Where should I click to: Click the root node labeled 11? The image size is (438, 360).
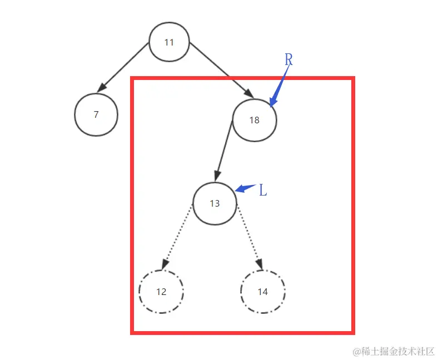[x=170, y=43]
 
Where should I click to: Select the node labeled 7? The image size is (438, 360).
[x=96, y=114]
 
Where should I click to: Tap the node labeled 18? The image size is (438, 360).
[x=254, y=119]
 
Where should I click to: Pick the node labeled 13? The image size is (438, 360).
[x=215, y=203]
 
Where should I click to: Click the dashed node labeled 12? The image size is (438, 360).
[x=161, y=292]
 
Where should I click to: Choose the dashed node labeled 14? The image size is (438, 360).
[x=263, y=292]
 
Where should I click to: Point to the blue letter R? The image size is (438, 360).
[x=288, y=60]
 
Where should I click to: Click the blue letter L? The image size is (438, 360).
[x=263, y=191]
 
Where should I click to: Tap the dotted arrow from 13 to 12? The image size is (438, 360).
[x=177, y=238]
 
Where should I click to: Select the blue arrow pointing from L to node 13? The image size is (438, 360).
[x=245, y=188]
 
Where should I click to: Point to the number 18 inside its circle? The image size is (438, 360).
[x=254, y=120]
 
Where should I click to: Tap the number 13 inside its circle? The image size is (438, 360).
[x=215, y=204]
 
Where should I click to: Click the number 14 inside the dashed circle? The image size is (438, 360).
[x=263, y=292]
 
